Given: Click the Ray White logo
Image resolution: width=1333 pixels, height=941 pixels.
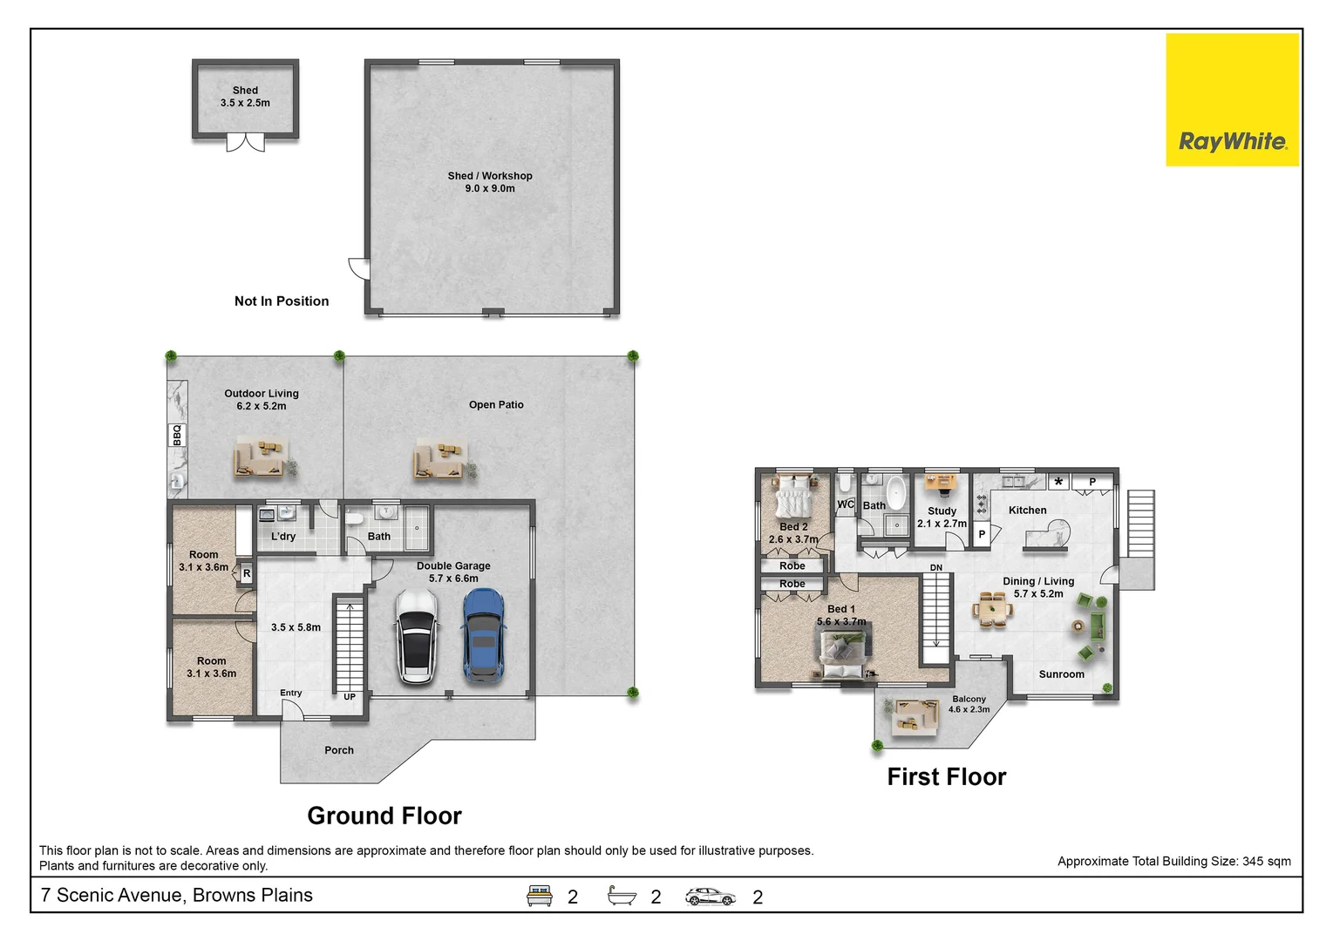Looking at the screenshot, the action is click(1232, 100).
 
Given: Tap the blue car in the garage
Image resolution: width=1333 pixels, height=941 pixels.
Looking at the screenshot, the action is click(483, 634).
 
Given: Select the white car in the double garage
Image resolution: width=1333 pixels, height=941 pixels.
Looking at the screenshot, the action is click(417, 637).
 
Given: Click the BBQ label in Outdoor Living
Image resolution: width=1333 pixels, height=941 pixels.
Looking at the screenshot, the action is click(177, 435).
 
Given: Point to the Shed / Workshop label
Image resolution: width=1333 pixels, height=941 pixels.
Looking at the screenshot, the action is click(490, 182).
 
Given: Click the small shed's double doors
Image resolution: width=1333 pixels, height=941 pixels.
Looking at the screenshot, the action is click(245, 143).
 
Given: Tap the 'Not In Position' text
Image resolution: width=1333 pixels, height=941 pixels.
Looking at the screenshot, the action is click(282, 301).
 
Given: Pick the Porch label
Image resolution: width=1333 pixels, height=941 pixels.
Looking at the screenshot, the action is click(338, 750).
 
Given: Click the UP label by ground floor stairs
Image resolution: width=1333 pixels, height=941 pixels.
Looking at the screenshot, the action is click(350, 696).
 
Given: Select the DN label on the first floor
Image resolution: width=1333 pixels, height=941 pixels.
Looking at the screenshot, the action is click(936, 567).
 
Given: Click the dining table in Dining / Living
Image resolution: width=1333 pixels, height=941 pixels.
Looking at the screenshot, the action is click(993, 609).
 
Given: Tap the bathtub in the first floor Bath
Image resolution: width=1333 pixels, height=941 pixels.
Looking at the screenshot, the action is click(895, 492).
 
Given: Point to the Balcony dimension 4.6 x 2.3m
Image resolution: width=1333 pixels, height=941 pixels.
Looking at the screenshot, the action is click(969, 709).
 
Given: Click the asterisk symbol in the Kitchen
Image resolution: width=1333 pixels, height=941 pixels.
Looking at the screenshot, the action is click(1058, 482).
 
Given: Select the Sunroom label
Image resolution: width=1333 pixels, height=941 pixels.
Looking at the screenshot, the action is click(1062, 674).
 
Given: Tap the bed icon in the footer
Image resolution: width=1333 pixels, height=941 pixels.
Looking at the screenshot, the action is click(539, 896).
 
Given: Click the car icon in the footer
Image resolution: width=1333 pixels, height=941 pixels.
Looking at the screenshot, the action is click(710, 897).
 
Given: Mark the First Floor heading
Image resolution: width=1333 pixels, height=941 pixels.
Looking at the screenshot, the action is click(946, 777).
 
